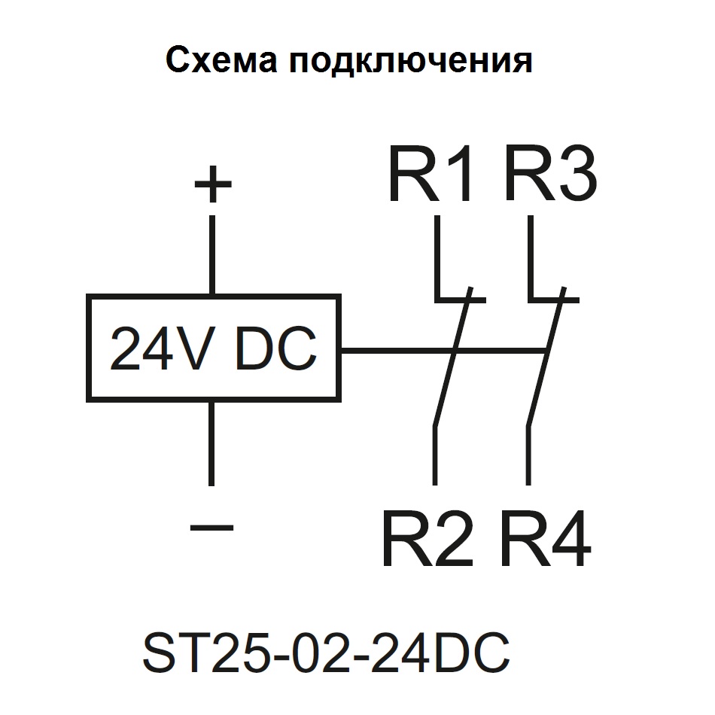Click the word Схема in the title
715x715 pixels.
click(220, 61)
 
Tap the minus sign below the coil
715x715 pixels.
click(212, 527)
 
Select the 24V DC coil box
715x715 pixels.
click(213, 348)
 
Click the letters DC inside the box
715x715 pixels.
click(275, 350)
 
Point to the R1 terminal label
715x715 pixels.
click(431, 176)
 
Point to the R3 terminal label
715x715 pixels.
click(551, 176)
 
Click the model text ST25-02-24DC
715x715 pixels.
click(326, 653)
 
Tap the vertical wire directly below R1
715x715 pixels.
click(437, 256)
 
